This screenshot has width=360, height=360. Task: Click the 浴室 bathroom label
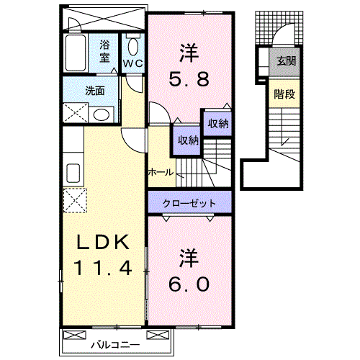(x=105, y=51)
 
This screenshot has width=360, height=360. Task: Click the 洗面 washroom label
(x=95, y=91)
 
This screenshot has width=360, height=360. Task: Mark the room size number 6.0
(x=189, y=283)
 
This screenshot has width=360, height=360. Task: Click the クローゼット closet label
(x=189, y=203)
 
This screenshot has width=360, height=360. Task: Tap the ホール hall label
(x=160, y=173)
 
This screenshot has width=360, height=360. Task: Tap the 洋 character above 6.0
(x=189, y=257)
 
